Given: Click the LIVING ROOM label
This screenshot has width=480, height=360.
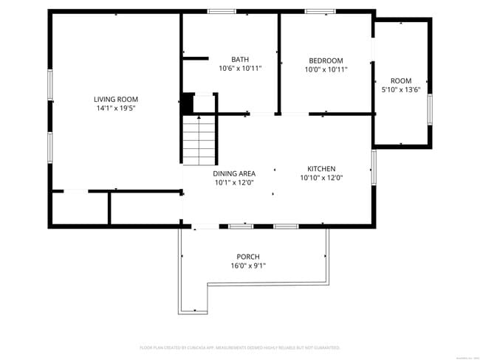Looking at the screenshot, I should (x=115, y=99).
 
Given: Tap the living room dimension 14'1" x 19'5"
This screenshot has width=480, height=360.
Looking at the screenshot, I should (x=115, y=108).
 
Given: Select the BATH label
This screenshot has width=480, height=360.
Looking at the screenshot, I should (x=240, y=60).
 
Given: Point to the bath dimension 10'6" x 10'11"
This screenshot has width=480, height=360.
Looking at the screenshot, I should (x=240, y=69).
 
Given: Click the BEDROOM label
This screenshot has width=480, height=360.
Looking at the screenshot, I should (x=326, y=60).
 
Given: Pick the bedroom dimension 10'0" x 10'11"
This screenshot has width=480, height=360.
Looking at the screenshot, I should (x=326, y=69).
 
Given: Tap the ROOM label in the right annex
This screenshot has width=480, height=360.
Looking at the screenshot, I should (x=401, y=80).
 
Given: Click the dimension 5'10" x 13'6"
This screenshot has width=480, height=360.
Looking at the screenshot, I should (x=401, y=89).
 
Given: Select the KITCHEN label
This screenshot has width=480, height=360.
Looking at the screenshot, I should (x=321, y=168).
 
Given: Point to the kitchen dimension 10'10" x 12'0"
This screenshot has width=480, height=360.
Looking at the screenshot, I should (x=321, y=177).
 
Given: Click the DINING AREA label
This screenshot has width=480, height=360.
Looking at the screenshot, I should (x=234, y=173).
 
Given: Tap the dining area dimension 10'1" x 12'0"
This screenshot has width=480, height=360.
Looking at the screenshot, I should (x=234, y=182).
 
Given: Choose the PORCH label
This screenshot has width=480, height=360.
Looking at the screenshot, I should (x=248, y=257).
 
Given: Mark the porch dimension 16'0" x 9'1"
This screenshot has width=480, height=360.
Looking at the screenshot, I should (x=248, y=266).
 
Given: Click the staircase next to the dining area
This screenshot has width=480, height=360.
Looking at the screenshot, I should (x=199, y=139).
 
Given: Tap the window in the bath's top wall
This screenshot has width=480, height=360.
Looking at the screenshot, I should (x=222, y=11).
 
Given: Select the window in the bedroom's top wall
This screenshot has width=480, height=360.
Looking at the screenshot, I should (x=320, y=11).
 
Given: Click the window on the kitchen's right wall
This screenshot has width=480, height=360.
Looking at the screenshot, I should (x=374, y=165).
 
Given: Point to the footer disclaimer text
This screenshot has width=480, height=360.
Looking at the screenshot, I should (x=240, y=347).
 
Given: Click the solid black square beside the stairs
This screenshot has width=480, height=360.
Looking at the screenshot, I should (x=188, y=103).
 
